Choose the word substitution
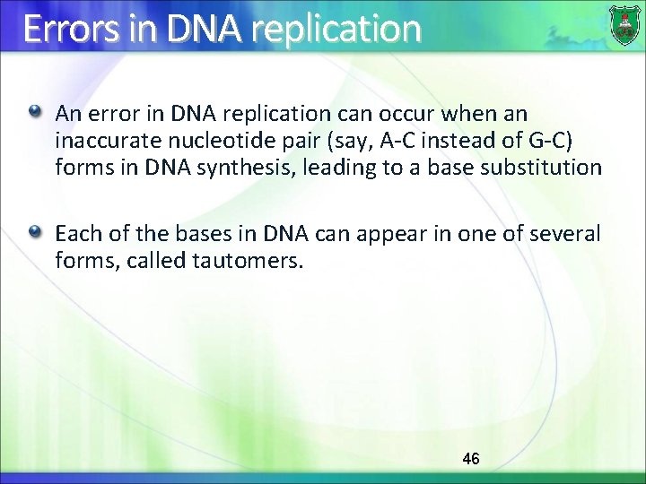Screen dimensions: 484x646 tap(547, 169)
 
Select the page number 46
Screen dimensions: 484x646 tap(470, 459)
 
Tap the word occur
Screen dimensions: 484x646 tap(432, 115)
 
